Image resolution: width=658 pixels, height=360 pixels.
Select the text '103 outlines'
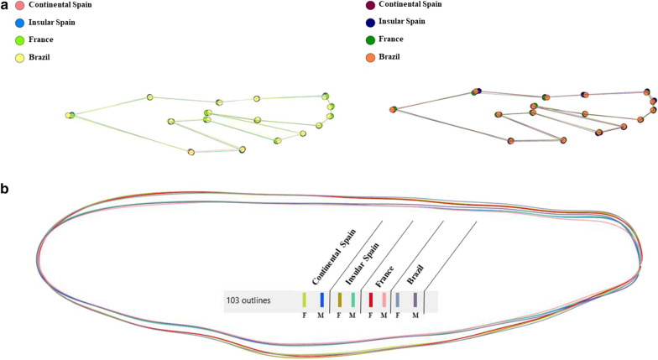[255, 300]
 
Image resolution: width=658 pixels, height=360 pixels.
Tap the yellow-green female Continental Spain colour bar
[305, 300]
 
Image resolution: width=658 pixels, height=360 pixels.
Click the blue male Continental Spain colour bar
[321, 300]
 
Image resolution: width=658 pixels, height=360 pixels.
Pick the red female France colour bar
[370, 300]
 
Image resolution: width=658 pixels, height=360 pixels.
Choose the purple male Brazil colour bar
[415, 300]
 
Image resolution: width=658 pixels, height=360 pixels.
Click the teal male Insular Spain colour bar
[353, 300]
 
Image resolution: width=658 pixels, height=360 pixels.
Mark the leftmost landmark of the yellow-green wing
[71, 115]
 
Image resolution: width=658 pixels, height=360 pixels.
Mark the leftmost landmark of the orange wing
[393, 109]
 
